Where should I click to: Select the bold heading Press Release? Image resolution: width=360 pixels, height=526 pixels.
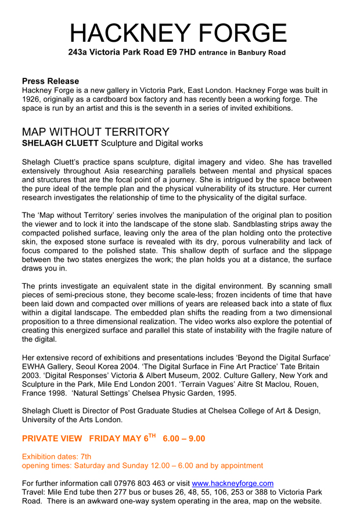[x=51, y=81]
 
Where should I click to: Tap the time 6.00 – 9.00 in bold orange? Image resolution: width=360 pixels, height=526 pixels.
[x=184, y=439]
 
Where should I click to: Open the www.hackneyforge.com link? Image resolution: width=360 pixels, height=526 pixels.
[x=232, y=483]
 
